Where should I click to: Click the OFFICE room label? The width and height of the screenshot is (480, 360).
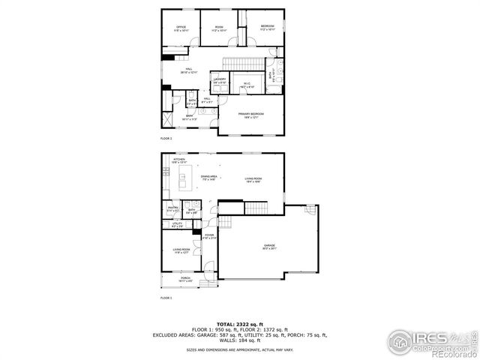181,28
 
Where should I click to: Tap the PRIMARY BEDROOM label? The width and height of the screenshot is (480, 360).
253,114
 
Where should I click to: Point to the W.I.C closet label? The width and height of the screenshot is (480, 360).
247,83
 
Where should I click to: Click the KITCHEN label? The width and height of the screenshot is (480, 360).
179,160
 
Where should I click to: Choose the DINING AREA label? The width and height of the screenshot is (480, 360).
209,177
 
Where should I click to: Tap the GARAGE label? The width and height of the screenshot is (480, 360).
269,245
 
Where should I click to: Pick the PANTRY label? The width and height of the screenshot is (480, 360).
172,209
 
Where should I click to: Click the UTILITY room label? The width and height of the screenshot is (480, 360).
177,223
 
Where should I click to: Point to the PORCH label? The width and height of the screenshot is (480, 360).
184,278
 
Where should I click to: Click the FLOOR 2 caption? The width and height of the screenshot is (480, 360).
166,139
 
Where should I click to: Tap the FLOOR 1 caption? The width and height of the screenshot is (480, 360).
166,298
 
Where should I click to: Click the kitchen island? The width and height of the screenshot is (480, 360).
181,181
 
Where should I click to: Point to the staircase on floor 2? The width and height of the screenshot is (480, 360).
241,61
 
